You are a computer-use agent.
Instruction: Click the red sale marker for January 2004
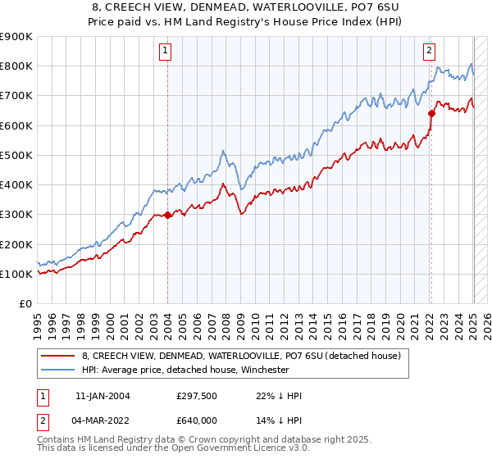167,216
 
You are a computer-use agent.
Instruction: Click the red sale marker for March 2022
431,114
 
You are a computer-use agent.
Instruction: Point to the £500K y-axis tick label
16,155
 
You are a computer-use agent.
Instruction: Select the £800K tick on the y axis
16,66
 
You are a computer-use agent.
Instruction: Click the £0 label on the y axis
25,303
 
